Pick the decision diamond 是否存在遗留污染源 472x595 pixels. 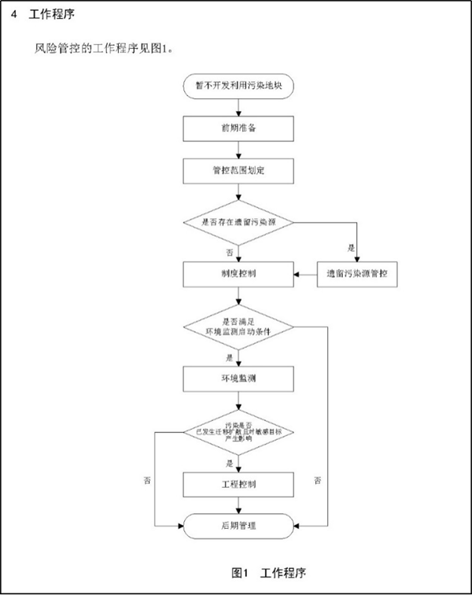(x=238, y=223)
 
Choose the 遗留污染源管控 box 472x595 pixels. (x=357, y=275)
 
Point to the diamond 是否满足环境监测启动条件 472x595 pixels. (x=238, y=326)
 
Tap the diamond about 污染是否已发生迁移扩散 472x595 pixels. (x=238, y=432)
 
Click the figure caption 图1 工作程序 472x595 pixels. (x=264, y=570)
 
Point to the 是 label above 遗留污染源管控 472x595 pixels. (x=352, y=248)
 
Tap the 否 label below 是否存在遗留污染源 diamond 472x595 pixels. (x=230, y=252)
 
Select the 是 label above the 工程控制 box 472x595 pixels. (x=230, y=463)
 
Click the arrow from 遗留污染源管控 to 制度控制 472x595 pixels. (x=305, y=275)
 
